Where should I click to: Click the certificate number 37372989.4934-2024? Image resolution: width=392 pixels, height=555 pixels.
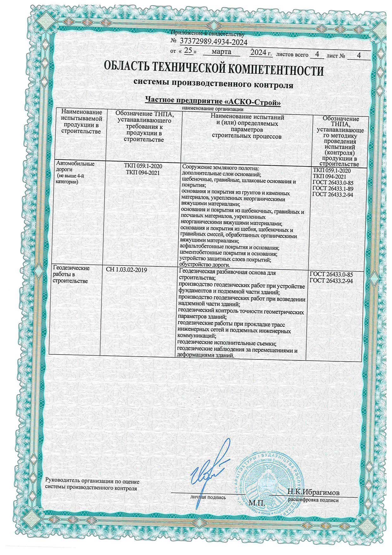[213, 41]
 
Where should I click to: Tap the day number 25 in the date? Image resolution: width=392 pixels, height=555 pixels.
[188, 52]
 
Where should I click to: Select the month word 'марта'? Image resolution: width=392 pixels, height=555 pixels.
[221, 52]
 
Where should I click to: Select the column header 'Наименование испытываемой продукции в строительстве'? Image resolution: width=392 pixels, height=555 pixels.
[82, 122]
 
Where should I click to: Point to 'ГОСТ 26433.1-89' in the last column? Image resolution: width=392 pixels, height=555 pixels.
[332, 189]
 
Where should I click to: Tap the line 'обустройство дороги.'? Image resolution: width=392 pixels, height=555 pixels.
[204, 265]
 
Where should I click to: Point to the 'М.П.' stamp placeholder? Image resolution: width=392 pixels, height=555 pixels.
[256, 503]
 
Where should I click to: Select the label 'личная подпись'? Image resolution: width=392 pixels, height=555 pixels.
[208, 497]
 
